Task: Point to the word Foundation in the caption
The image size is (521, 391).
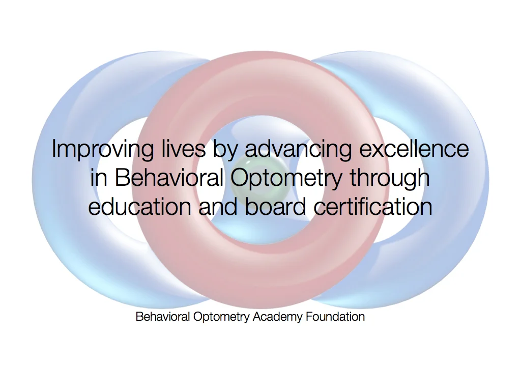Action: [x=335, y=317]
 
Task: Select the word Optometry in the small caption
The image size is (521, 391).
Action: [x=222, y=317]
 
